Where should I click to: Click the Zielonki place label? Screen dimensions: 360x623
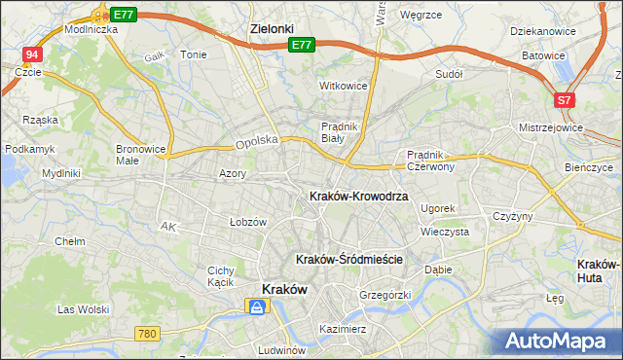(x=271, y=29)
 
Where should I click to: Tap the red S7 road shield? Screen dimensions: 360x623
(x=565, y=100)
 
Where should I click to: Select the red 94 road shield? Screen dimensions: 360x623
(x=33, y=54)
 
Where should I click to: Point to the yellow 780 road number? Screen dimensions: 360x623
(x=147, y=334)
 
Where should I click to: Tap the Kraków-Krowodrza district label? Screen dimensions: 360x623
(x=357, y=196)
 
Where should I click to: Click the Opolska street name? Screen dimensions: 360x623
(x=257, y=142)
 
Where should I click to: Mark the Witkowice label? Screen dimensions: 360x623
(x=344, y=86)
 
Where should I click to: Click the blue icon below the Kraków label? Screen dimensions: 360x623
(x=256, y=307)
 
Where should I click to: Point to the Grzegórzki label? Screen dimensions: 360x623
(x=385, y=294)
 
